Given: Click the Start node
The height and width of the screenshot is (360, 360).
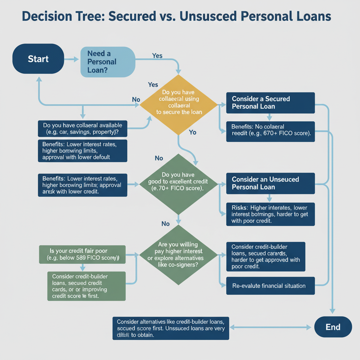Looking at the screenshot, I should pyautogui.click(x=38, y=58).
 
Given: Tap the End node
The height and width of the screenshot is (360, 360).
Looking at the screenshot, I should pyautogui.click(x=333, y=327).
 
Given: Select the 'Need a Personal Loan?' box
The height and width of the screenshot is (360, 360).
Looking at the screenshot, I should pyautogui.click(x=108, y=62).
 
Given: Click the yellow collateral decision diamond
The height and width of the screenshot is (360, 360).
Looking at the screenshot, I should pyautogui.click(x=179, y=104).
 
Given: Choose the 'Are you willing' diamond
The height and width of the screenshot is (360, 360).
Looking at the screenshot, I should pyautogui.click(x=179, y=255).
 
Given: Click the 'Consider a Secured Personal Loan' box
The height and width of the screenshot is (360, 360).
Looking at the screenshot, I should pyautogui.click(x=270, y=102).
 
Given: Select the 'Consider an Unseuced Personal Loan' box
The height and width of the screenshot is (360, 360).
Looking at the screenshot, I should pyautogui.click(x=270, y=183).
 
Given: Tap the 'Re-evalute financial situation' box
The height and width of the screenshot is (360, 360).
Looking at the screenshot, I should pyautogui.click(x=270, y=285).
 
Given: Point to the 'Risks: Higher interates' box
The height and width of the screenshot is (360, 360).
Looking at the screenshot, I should pyautogui.click(x=270, y=214).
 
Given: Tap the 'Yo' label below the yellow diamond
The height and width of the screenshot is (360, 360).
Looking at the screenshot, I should pyautogui.click(x=193, y=133).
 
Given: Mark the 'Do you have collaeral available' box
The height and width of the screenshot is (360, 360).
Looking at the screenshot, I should pyautogui.click(x=83, y=129).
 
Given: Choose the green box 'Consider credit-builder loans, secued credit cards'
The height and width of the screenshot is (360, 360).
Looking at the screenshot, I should pyautogui.click(x=86, y=286).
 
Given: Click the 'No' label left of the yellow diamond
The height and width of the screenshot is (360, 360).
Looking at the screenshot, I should pyautogui.click(x=136, y=99).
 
